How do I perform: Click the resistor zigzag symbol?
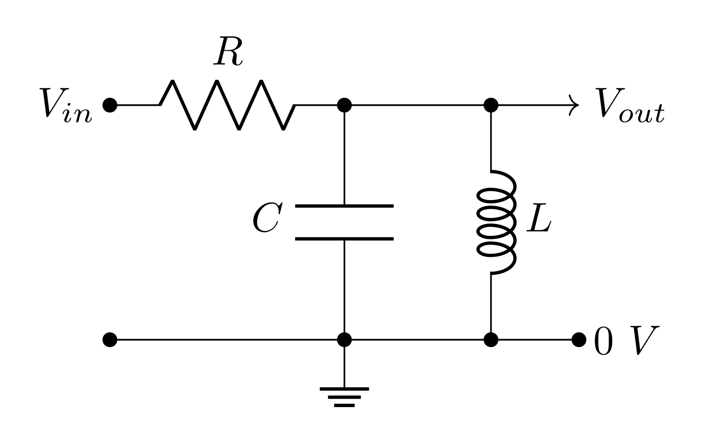click(x=227, y=105)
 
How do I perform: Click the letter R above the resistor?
click(x=228, y=52)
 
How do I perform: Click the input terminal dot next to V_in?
click(x=110, y=105)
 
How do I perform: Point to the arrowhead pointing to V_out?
click(x=574, y=105)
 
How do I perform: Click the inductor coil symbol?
click(x=495, y=222)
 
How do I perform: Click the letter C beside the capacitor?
click(x=267, y=218)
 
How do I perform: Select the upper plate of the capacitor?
click(x=344, y=206)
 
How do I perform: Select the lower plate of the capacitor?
click(x=344, y=239)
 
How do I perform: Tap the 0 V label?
click(x=627, y=341)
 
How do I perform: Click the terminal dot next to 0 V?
click(x=579, y=340)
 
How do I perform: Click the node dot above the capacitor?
click(x=344, y=105)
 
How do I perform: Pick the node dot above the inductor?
click(x=491, y=105)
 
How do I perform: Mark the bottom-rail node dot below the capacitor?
click(x=344, y=340)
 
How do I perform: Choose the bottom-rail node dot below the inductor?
click(x=491, y=340)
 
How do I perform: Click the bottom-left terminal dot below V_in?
click(x=110, y=340)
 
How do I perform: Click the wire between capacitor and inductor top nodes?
click(x=417, y=105)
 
